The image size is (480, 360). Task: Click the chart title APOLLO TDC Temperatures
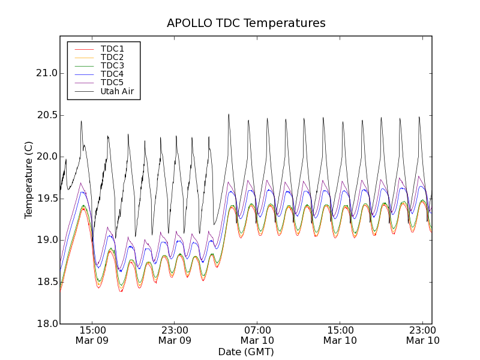click(x=246, y=23)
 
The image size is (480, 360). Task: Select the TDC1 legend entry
click(x=112, y=49)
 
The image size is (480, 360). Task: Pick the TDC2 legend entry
click(x=112, y=57)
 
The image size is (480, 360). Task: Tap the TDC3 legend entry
click(x=112, y=65)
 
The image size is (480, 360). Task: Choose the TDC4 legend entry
click(x=112, y=74)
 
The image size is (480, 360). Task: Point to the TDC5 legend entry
click(x=112, y=82)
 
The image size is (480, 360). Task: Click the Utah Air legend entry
click(x=117, y=91)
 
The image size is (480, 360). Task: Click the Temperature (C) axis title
click(x=29, y=180)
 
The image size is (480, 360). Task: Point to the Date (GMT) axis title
click(x=246, y=352)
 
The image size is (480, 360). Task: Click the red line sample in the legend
click(x=83, y=49)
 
